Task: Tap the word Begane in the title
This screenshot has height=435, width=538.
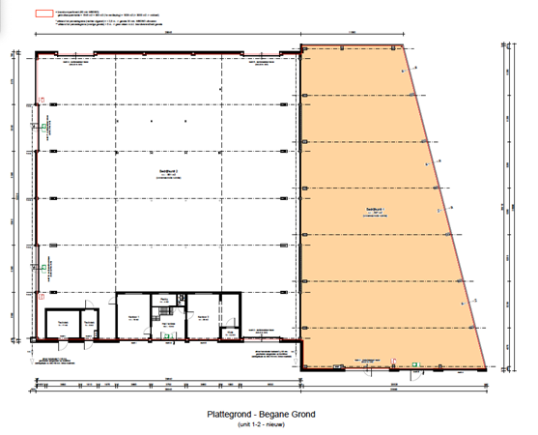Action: click(x=272, y=415)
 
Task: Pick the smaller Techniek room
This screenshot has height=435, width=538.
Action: click(x=88, y=324)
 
